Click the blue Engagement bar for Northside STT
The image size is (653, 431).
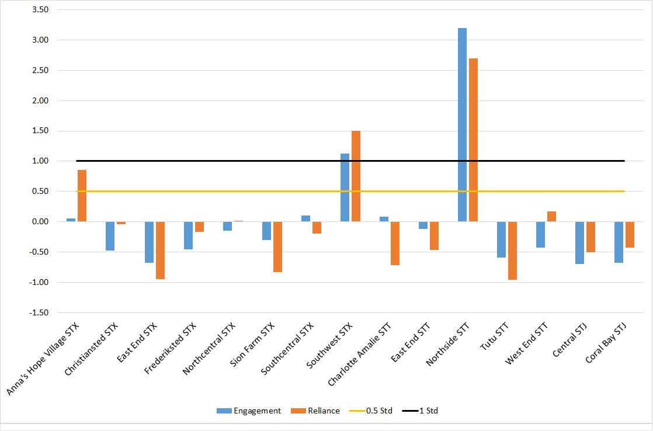coord(462,125)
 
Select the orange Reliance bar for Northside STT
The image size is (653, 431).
coord(473,140)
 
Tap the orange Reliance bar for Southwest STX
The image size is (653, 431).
coord(356,176)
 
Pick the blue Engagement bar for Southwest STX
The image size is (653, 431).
coord(345,188)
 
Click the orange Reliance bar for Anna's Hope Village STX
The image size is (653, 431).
coord(82,196)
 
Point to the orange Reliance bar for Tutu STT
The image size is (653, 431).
coord(512,251)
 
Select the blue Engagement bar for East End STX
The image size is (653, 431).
coord(149,242)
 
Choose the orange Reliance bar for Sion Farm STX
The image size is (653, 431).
coord(278,247)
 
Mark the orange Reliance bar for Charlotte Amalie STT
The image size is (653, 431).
coord(395,243)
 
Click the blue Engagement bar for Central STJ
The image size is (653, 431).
coord(580,243)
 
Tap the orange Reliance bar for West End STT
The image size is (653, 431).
coord(551,217)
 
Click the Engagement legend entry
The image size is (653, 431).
coord(249,411)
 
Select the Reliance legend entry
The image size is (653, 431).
coord(315,411)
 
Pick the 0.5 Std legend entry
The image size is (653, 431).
coord(371,411)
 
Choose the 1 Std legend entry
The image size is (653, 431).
coord(420,411)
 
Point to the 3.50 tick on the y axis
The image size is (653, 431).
coord(40,9)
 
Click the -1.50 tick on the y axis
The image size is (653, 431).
coord(39,312)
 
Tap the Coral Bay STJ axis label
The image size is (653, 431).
coord(606,343)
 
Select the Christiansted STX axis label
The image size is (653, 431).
coord(91,349)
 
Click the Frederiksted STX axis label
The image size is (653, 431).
coord(170,349)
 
